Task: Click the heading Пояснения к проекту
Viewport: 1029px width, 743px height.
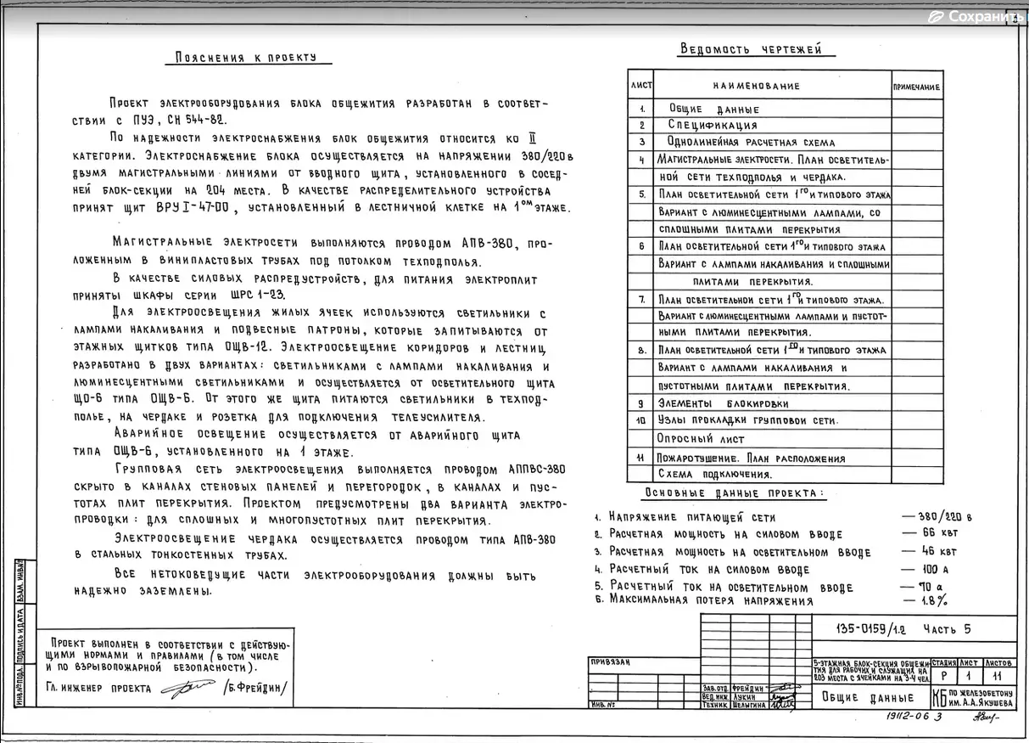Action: (x=245, y=58)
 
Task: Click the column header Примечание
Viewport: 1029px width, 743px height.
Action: (x=916, y=87)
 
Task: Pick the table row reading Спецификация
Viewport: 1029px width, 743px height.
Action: (x=713, y=126)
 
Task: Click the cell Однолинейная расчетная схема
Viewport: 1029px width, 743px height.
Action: (x=738, y=143)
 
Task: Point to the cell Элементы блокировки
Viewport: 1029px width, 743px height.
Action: (x=723, y=404)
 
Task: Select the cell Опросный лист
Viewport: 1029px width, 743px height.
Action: (x=701, y=439)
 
